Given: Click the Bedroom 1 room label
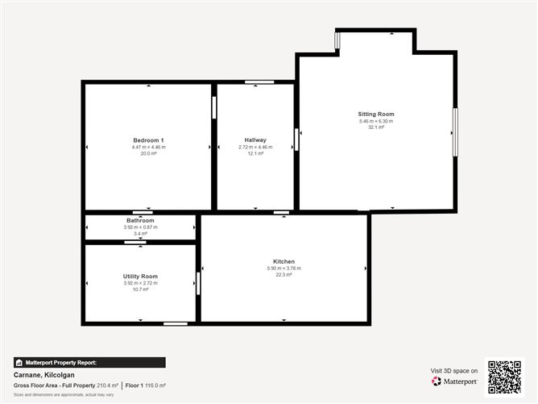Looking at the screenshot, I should pos(148,140).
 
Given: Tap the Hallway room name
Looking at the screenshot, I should pos(255,140).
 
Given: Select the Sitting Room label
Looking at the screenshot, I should pos(376,114).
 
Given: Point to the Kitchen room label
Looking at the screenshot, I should pos(283,261).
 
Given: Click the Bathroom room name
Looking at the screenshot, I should pos(140,220).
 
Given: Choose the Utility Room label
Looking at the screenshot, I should pos(140,277).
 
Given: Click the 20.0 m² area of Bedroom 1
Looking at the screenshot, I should pos(148,153).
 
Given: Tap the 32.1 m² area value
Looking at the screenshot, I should pos(376,127).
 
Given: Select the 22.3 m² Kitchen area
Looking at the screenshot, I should pos(283,275).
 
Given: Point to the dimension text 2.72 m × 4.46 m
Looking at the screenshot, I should pos(255,147).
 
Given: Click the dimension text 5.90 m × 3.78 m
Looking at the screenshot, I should pos(283,269).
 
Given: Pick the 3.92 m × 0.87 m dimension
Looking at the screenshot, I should pos(140,227).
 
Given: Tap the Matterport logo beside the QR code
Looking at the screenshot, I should pos(455,381).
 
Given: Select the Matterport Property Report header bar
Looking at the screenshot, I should pos(89,363).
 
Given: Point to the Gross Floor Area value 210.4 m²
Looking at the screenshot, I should pos(107,385).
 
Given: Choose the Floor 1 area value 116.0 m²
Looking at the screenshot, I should pos(155,385).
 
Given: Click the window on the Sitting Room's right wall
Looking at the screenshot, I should pos(455,132).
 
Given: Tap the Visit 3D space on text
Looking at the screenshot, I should pos(454,371).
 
